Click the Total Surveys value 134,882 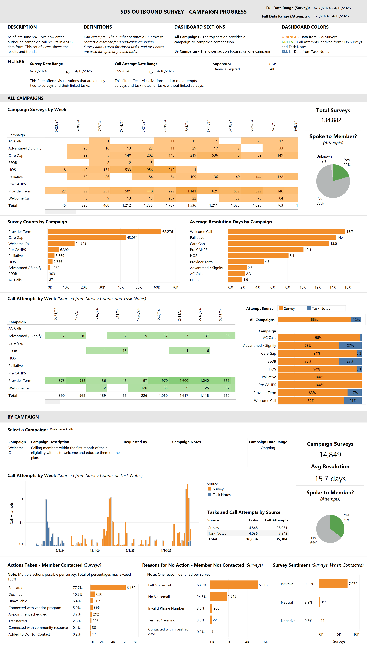pyautogui.click(x=331, y=120)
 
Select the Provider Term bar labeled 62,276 pyautogui.click(x=104, y=231)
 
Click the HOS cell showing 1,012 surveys pyautogui.click(x=165, y=170)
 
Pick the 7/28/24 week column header pyautogui.click(x=165, y=126)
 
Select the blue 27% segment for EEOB pyautogui.click(x=350, y=361)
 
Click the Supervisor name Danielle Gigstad pyautogui.click(x=226, y=69)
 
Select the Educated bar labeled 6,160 pyautogui.click(x=108, y=587)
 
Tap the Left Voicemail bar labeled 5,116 pyautogui.click(x=233, y=585)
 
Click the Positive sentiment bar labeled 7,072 pyautogui.click(x=333, y=584)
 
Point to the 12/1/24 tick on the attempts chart pyautogui.click(x=95, y=550)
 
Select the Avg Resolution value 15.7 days pyautogui.click(x=330, y=479)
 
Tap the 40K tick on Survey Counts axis pyautogui.click(x=121, y=287)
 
